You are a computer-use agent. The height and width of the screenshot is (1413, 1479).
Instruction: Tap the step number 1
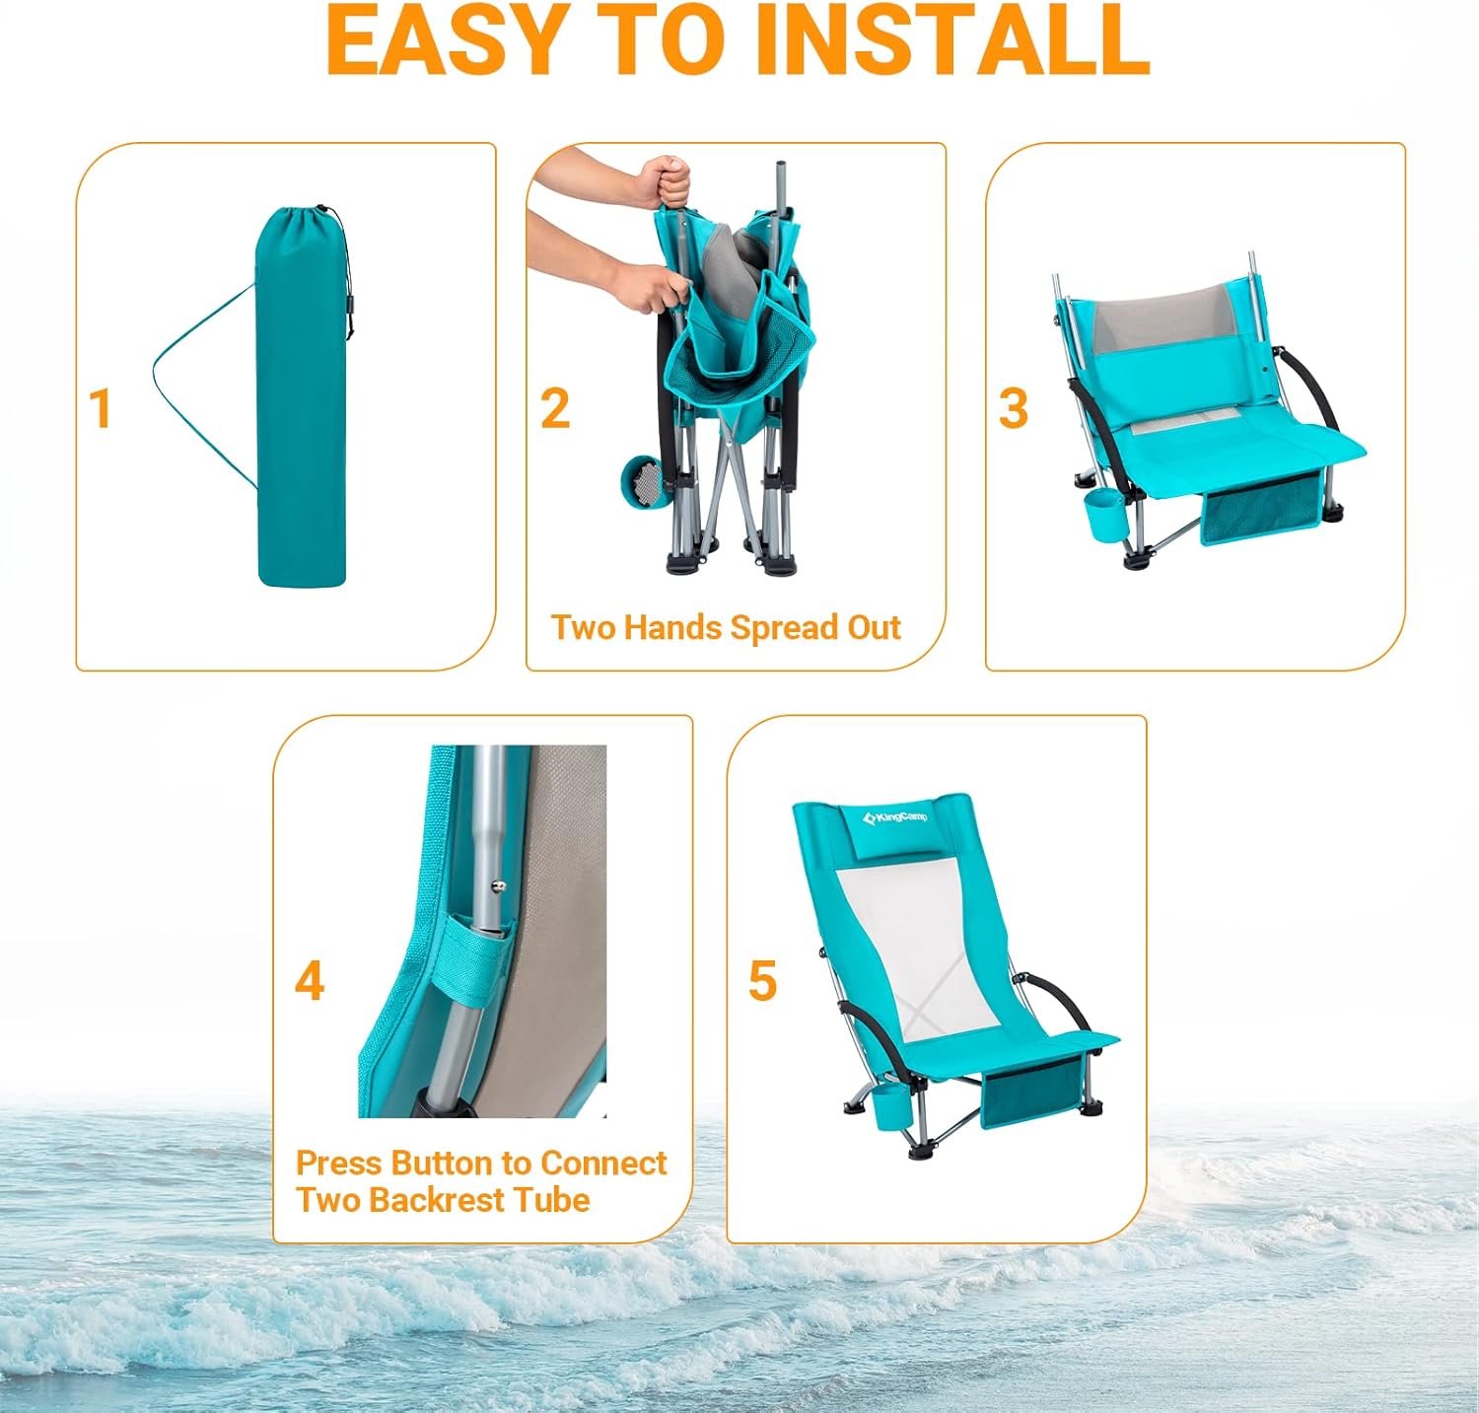coord(100,408)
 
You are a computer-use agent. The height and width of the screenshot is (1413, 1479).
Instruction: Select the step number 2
coord(555,408)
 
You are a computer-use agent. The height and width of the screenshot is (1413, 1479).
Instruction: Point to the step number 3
coord(1014,408)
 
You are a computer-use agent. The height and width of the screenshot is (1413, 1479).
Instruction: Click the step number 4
coord(310,980)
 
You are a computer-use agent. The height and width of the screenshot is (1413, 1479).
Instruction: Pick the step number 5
coord(763,980)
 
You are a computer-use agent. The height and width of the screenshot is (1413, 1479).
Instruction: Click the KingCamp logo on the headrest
coord(894,817)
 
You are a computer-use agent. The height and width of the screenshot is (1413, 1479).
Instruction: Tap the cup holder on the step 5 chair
coord(894,1108)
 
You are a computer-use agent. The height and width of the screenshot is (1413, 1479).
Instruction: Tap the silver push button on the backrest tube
coord(500,886)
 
